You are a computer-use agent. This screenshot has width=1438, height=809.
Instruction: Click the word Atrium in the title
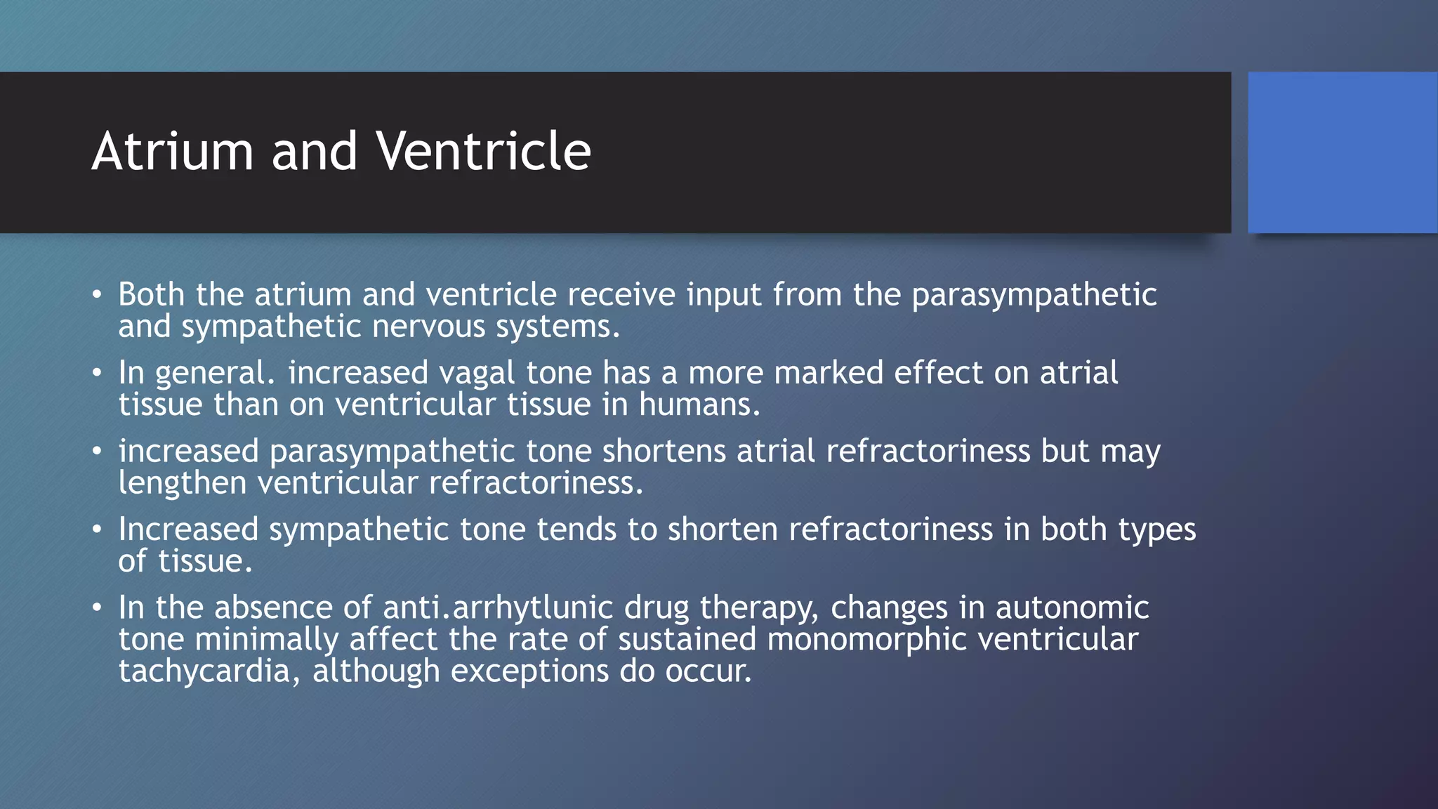click(x=172, y=152)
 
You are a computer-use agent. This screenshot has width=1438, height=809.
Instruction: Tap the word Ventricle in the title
click(x=483, y=152)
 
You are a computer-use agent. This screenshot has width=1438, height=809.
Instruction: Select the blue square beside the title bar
click(x=1342, y=152)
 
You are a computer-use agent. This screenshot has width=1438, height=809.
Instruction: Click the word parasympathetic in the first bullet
click(x=1034, y=295)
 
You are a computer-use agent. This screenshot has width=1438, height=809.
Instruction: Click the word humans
click(x=698, y=405)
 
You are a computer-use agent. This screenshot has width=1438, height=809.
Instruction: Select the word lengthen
click(x=183, y=484)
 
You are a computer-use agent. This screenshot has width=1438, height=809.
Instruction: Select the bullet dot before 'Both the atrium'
click(x=97, y=295)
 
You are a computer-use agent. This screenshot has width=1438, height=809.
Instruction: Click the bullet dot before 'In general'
click(x=97, y=374)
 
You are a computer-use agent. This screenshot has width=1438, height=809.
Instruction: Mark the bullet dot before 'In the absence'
click(x=97, y=608)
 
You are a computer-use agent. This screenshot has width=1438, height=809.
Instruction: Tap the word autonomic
click(x=1071, y=608)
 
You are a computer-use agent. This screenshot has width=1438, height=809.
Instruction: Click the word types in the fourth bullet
click(x=1156, y=530)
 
